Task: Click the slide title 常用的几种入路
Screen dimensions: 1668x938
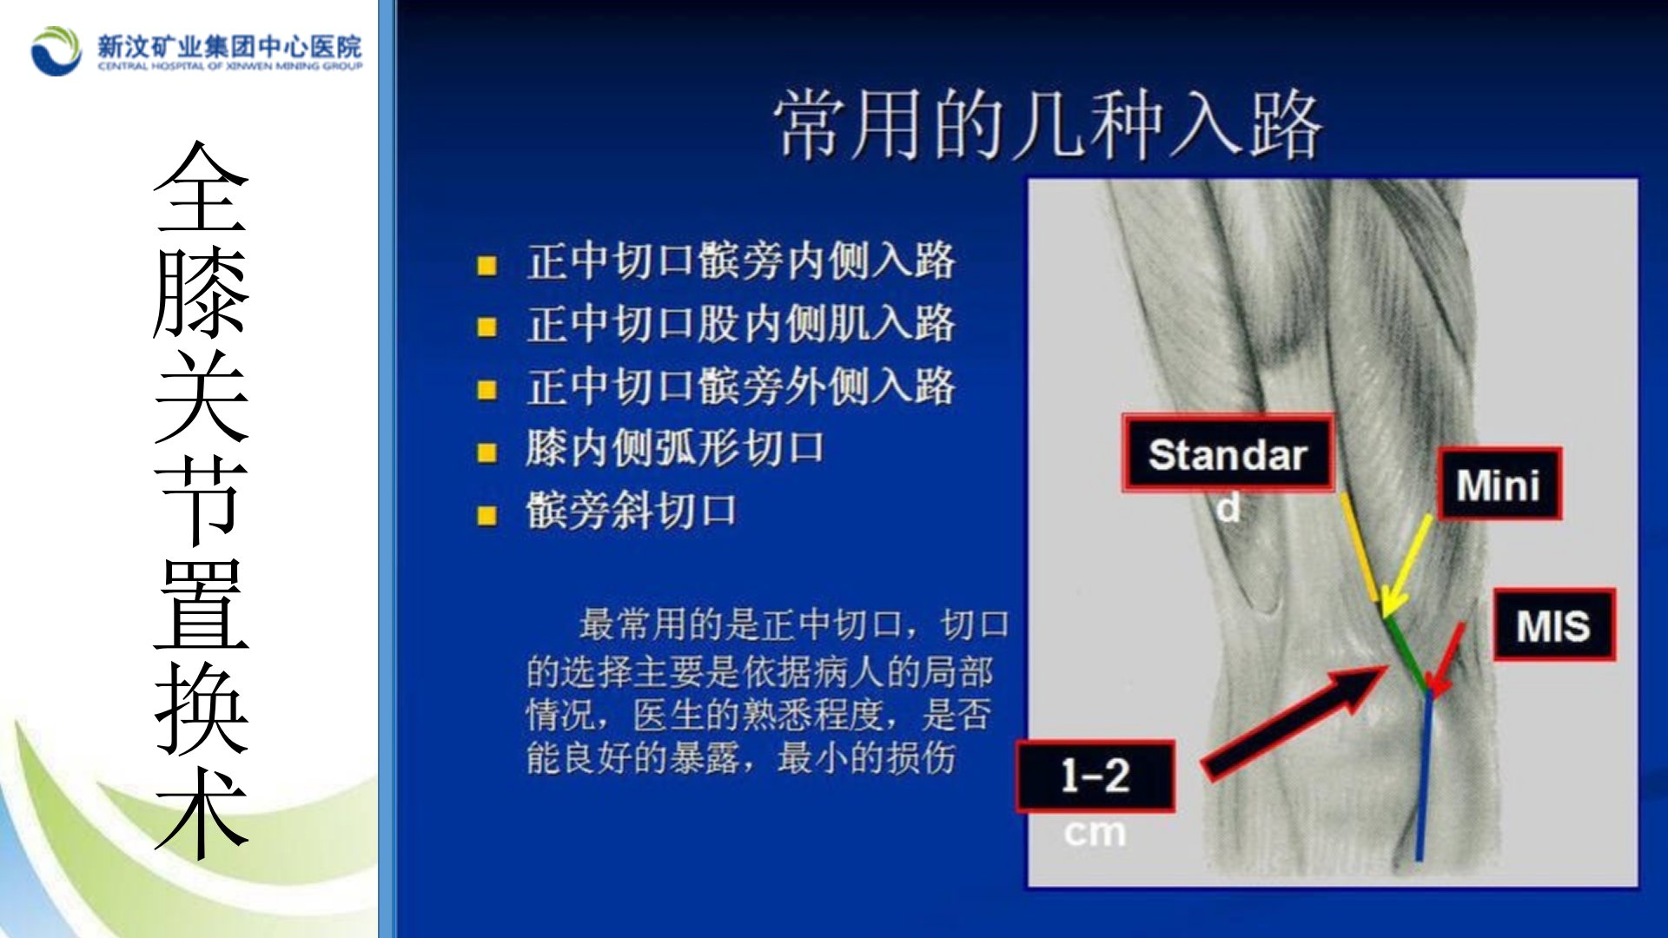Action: (1048, 125)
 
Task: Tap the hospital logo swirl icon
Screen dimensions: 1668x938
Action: (56, 50)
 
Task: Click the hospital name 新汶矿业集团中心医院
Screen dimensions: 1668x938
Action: (229, 46)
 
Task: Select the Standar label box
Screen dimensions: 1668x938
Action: (1228, 453)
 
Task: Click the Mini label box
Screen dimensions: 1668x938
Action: (1499, 484)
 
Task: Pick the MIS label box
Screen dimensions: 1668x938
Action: (1553, 624)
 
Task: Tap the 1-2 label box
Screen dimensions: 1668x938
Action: (1095, 776)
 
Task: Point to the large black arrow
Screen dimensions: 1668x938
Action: (1294, 721)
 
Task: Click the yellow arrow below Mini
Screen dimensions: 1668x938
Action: (1405, 566)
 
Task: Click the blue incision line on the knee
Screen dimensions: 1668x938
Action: (1424, 775)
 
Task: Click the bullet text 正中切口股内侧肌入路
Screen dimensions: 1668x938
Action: (740, 324)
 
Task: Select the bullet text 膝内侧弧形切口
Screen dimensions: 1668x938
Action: (675, 448)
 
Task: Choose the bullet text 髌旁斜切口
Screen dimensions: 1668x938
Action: (632, 511)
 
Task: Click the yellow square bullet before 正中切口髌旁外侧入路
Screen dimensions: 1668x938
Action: (487, 390)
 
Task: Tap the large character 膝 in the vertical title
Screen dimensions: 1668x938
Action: (202, 292)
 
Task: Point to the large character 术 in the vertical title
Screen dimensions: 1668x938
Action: (202, 811)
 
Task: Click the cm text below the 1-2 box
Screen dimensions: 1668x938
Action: (1095, 832)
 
